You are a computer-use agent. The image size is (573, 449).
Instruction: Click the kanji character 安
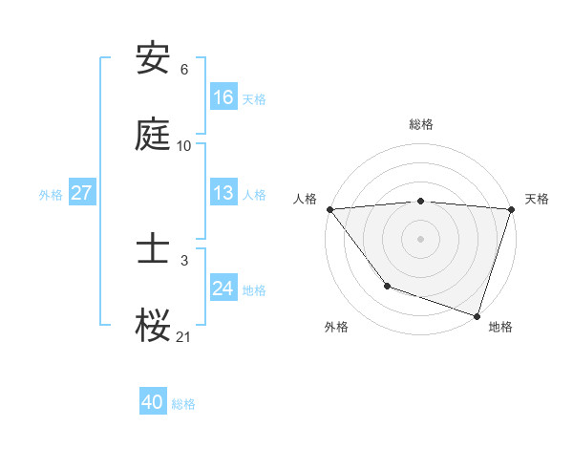(x=154, y=59)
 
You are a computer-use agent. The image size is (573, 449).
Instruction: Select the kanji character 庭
(x=154, y=136)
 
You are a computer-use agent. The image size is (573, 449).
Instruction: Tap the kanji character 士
(x=154, y=249)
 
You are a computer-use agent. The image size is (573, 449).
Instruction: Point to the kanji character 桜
(x=154, y=326)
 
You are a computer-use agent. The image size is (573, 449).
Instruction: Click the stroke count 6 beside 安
(x=183, y=70)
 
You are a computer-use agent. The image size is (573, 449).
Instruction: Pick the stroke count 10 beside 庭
(x=183, y=146)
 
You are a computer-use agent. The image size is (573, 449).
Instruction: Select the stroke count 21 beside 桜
(x=183, y=336)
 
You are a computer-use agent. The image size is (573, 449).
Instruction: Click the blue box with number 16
(x=223, y=96)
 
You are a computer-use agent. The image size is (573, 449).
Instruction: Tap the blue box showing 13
(x=223, y=193)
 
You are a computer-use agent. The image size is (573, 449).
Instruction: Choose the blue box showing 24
(x=223, y=289)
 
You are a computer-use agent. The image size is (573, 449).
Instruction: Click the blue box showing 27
(x=82, y=193)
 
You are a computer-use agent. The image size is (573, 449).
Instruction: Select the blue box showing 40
(x=153, y=402)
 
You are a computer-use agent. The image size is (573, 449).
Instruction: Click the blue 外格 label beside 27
(x=51, y=194)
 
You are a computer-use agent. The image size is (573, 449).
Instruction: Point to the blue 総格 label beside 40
(x=183, y=403)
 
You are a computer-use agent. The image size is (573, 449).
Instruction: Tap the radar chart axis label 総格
(x=421, y=124)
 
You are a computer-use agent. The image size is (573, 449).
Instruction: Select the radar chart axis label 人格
(x=306, y=199)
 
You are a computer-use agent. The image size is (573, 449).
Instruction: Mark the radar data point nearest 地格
(x=477, y=315)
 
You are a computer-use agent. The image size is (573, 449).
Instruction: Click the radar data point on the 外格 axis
(x=387, y=286)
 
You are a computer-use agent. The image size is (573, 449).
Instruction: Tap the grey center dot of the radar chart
(x=421, y=238)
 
